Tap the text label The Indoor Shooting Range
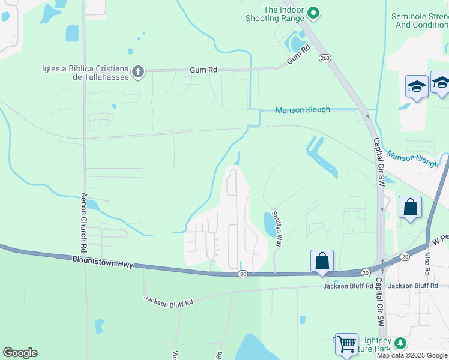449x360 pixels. [276, 14]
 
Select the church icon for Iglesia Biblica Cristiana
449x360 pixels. [138, 73]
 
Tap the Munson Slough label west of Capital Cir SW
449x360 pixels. [303, 110]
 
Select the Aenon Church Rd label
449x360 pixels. [85, 222]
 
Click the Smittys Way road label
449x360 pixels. [277, 229]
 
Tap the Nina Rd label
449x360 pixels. [427, 262]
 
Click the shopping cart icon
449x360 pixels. [346, 344]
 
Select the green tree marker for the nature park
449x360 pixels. [399, 343]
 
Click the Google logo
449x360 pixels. [20, 353]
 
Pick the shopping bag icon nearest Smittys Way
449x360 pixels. [322, 261]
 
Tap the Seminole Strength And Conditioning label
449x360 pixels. [419, 20]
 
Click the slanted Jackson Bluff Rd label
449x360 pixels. [168, 301]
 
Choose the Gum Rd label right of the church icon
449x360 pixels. [203, 70]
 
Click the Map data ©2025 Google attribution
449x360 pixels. [412, 355]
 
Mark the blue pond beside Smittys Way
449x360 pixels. [268, 223]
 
